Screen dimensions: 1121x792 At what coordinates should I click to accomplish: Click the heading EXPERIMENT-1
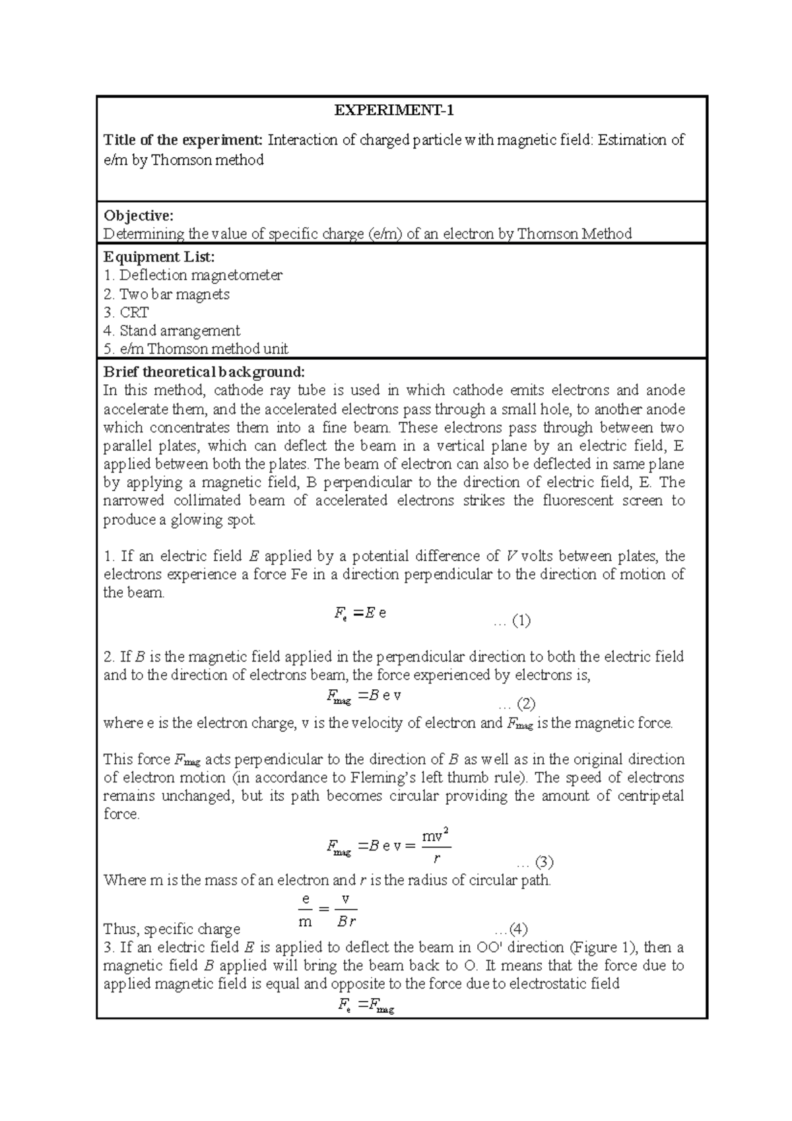(x=394, y=111)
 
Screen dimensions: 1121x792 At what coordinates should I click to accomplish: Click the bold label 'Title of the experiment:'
(x=183, y=140)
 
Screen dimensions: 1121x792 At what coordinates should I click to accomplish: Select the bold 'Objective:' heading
(x=139, y=215)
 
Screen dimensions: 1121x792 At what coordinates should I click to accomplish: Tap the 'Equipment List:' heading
(x=159, y=257)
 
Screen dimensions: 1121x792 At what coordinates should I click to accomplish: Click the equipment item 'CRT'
(x=134, y=312)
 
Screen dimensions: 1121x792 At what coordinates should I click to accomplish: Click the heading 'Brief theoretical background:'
(x=204, y=371)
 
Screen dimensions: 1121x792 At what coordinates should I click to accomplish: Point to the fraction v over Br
(x=346, y=911)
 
